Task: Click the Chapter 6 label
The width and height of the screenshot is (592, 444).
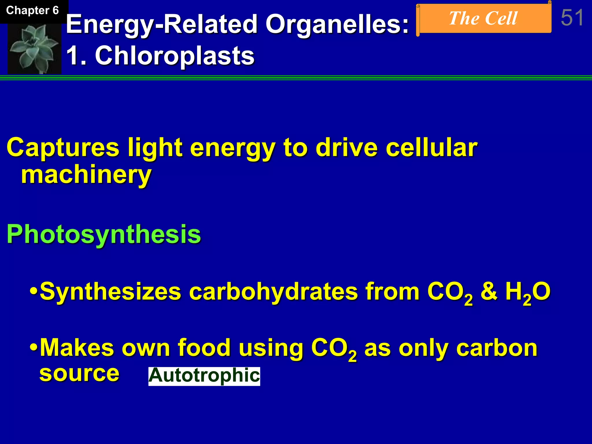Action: pos(32,11)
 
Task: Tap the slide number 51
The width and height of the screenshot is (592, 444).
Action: pos(572,18)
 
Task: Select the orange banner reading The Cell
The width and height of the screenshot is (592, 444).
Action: pos(483,19)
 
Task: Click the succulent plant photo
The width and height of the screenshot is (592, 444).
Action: pos(34,48)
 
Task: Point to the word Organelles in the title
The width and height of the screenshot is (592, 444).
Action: pos(337,25)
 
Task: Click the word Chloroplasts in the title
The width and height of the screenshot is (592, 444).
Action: pos(175,56)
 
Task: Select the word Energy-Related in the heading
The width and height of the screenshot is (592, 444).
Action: pos(162,25)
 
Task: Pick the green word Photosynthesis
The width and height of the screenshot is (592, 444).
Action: pos(103,234)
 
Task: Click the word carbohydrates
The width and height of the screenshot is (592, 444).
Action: pos(273,291)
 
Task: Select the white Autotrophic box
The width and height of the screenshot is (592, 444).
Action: pos(204,376)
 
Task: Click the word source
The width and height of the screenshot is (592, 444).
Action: pos(79,373)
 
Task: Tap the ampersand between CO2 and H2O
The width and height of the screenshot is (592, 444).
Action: pos(489,291)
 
